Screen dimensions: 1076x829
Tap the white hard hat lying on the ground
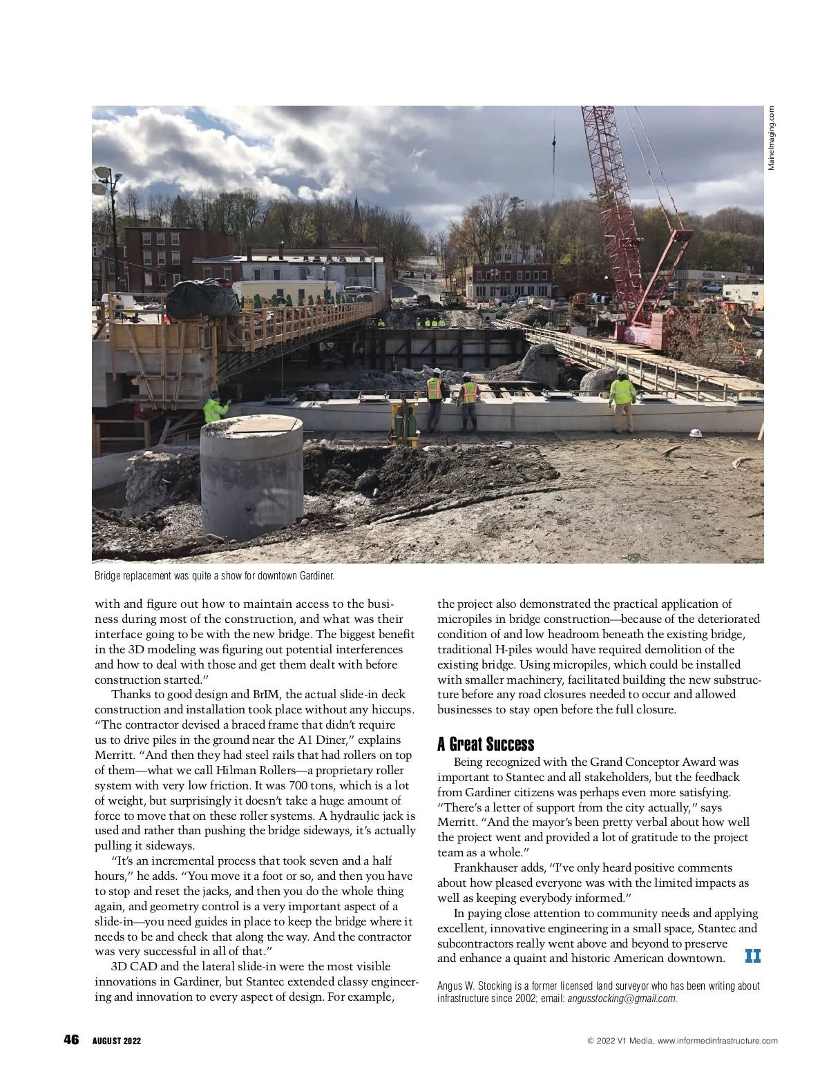pyautogui.click(x=696, y=433)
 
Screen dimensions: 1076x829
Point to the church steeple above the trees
pyautogui.click(x=355, y=206)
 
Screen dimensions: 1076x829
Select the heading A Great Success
pyautogui.click(x=486, y=744)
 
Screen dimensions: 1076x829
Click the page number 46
pyautogui.click(x=71, y=1040)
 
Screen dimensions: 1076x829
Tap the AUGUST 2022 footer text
pyautogui.click(x=117, y=1041)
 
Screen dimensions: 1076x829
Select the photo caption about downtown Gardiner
pyautogui.click(x=214, y=575)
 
